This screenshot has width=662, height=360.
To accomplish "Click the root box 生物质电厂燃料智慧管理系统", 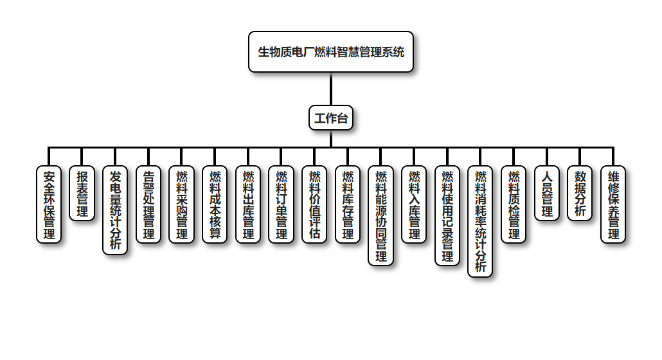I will click(330, 52).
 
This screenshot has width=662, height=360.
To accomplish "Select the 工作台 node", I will click(330, 118).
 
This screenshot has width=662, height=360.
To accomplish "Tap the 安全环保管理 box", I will click(49, 204).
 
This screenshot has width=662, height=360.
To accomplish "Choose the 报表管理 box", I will click(82, 194).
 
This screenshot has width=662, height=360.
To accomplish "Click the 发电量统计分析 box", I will click(115, 210).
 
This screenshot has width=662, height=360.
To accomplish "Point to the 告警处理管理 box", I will click(148, 204).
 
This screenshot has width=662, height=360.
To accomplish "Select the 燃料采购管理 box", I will click(181, 204).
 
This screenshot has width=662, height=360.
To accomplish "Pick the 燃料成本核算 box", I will click(215, 204).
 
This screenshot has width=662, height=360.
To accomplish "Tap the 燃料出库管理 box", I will click(248, 204).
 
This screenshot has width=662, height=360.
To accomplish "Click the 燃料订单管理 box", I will click(281, 204).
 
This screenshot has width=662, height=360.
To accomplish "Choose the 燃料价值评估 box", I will click(314, 204).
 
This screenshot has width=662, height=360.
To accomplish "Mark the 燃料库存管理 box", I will click(348, 204).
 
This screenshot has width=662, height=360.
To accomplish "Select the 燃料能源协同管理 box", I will click(380, 215).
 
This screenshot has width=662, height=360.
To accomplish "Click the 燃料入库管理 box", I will click(414, 204).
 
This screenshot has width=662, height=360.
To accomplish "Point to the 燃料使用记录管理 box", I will click(447, 215).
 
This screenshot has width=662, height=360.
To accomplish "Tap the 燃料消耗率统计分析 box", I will click(480, 221).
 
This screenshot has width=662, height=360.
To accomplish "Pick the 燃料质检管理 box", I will click(514, 204).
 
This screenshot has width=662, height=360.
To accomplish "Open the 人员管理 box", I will click(547, 194).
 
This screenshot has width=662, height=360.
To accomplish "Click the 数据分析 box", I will click(580, 194).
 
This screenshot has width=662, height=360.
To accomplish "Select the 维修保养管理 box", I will click(613, 204).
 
